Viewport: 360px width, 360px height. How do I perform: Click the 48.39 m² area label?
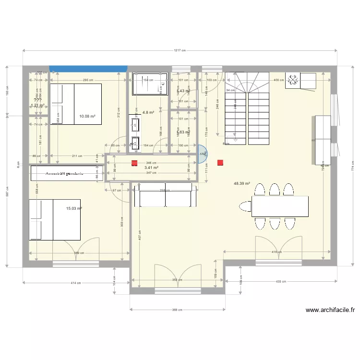[241, 183]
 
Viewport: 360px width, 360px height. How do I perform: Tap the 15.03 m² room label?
[74, 209]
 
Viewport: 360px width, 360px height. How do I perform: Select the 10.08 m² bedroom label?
[87, 116]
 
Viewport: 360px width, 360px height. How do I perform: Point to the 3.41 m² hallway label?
[151, 168]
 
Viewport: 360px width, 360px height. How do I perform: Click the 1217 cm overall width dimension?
[180, 50]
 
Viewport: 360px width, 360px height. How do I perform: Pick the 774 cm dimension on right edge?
[352, 166]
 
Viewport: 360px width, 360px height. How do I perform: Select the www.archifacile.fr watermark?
[330, 311]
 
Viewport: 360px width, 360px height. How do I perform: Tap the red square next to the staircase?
[220, 163]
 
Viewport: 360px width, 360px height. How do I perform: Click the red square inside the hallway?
[135, 163]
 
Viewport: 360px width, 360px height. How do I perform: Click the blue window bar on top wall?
[88, 69]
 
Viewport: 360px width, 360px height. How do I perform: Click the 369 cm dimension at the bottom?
[177, 310]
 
